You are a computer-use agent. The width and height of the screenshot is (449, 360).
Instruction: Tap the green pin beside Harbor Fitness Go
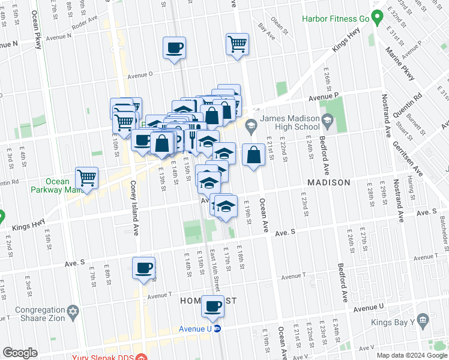[x=377, y=18]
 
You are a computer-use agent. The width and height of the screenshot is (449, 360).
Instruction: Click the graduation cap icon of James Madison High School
[x=327, y=122]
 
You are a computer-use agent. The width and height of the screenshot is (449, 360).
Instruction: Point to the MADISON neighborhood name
[x=329, y=182]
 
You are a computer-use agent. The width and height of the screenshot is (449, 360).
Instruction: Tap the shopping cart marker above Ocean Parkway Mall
[x=87, y=178]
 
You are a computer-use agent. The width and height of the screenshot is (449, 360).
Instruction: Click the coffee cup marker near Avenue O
[x=175, y=47]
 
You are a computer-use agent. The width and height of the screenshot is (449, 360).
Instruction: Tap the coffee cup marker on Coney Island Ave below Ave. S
[x=144, y=268]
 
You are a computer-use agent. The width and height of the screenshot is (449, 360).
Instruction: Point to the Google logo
[x=20, y=353]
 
